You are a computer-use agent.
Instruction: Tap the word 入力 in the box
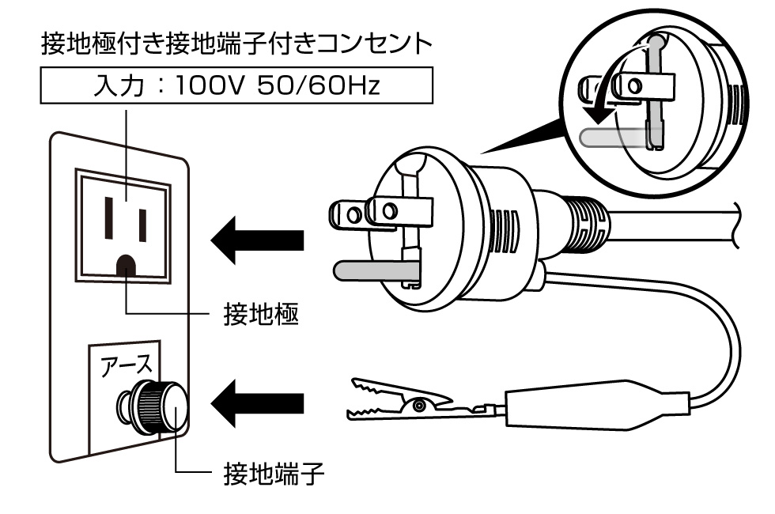point(117,85)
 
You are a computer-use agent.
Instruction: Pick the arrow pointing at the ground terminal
point(257,403)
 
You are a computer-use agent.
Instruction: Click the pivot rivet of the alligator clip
point(418,405)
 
